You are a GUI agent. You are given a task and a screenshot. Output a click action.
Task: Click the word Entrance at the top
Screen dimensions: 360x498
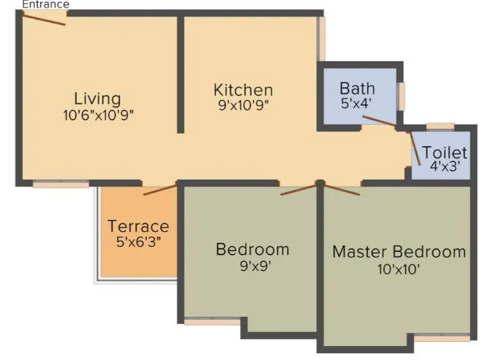tap(45, 4)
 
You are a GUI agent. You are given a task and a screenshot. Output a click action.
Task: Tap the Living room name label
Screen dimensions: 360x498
tap(98, 98)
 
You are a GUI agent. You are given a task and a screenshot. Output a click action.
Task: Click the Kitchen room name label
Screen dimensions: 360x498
tap(243, 90)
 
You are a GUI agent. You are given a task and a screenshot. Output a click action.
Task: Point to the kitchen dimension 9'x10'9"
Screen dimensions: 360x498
tap(243, 105)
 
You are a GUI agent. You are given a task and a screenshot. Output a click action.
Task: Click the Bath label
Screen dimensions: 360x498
tap(357, 88)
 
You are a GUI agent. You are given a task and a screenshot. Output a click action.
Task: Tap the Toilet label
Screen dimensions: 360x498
tap(444, 152)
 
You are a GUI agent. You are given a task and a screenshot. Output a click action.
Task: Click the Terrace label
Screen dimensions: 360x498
tap(138, 226)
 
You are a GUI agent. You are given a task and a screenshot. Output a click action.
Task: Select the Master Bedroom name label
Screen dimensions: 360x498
tap(398, 251)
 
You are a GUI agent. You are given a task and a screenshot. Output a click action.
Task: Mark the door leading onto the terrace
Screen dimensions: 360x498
tap(159, 189)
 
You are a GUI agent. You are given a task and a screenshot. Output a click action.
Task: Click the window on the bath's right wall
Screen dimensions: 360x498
tap(400, 96)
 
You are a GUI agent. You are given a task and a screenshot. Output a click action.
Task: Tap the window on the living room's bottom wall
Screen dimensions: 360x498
tap(61, 185)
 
